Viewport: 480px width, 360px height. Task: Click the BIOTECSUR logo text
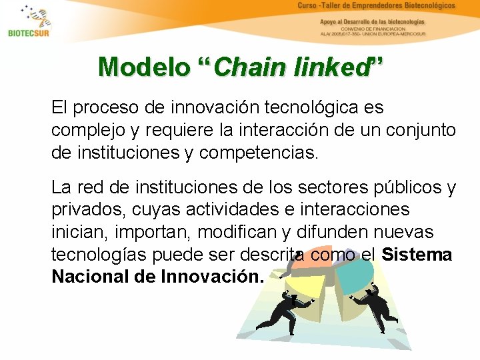[29, 33]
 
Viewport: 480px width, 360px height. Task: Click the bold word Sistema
[417, 255]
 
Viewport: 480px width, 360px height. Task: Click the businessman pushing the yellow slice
[280, 313]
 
